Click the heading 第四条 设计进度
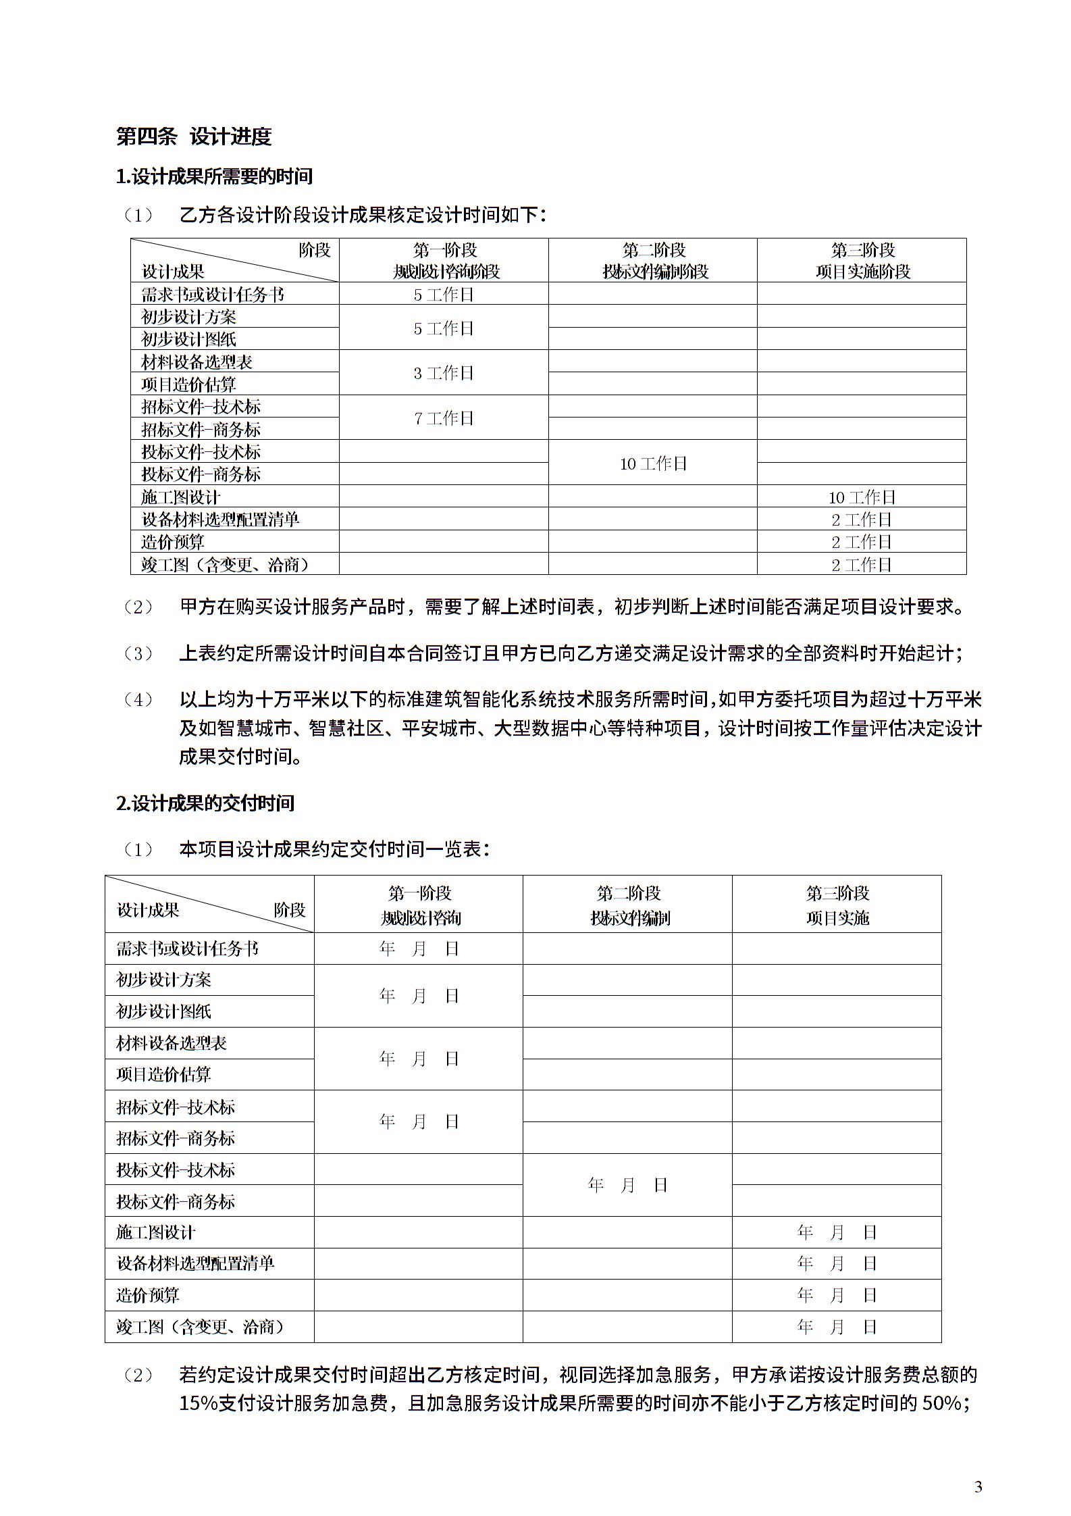click(194, 136)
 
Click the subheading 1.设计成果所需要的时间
click(214, 177)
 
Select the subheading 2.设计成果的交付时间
click(205, 803)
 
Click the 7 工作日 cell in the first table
click(444, 418)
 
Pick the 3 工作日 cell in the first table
click(444, 373)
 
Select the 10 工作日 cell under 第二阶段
click(653, 463)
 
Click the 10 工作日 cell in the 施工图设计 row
click(862, 497)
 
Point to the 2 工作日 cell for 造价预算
click(862, 542)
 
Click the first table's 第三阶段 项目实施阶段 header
click(862, 261)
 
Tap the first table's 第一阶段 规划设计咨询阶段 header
click(445, 261)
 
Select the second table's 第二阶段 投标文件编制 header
click(629, 905)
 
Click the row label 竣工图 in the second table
click(200, 1327)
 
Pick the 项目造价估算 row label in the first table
click(188, 384)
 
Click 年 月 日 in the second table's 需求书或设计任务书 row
click(419, 949)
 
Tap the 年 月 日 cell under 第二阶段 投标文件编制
click(628, 1185)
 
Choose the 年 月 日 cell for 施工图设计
click(837, 1232)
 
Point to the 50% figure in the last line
click(941, 1403)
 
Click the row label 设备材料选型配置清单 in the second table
click(195, 1263)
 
